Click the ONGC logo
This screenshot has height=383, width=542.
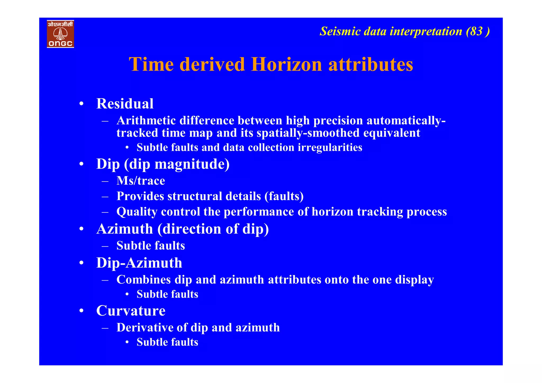tap(60, 34)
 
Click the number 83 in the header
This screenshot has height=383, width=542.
tap(476, 31)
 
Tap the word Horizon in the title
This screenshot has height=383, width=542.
tap(286, 64)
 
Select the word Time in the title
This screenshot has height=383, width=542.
tap(151, 64)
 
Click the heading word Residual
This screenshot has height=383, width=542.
tap(125, 103)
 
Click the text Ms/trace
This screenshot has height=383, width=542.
tap(141, 181)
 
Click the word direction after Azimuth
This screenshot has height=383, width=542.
tap(192, 229)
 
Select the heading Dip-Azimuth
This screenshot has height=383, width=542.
tap(139, 263)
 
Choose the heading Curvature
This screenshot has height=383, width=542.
tap(131, 311)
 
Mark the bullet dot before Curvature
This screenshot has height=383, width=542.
tap(82, 311)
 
